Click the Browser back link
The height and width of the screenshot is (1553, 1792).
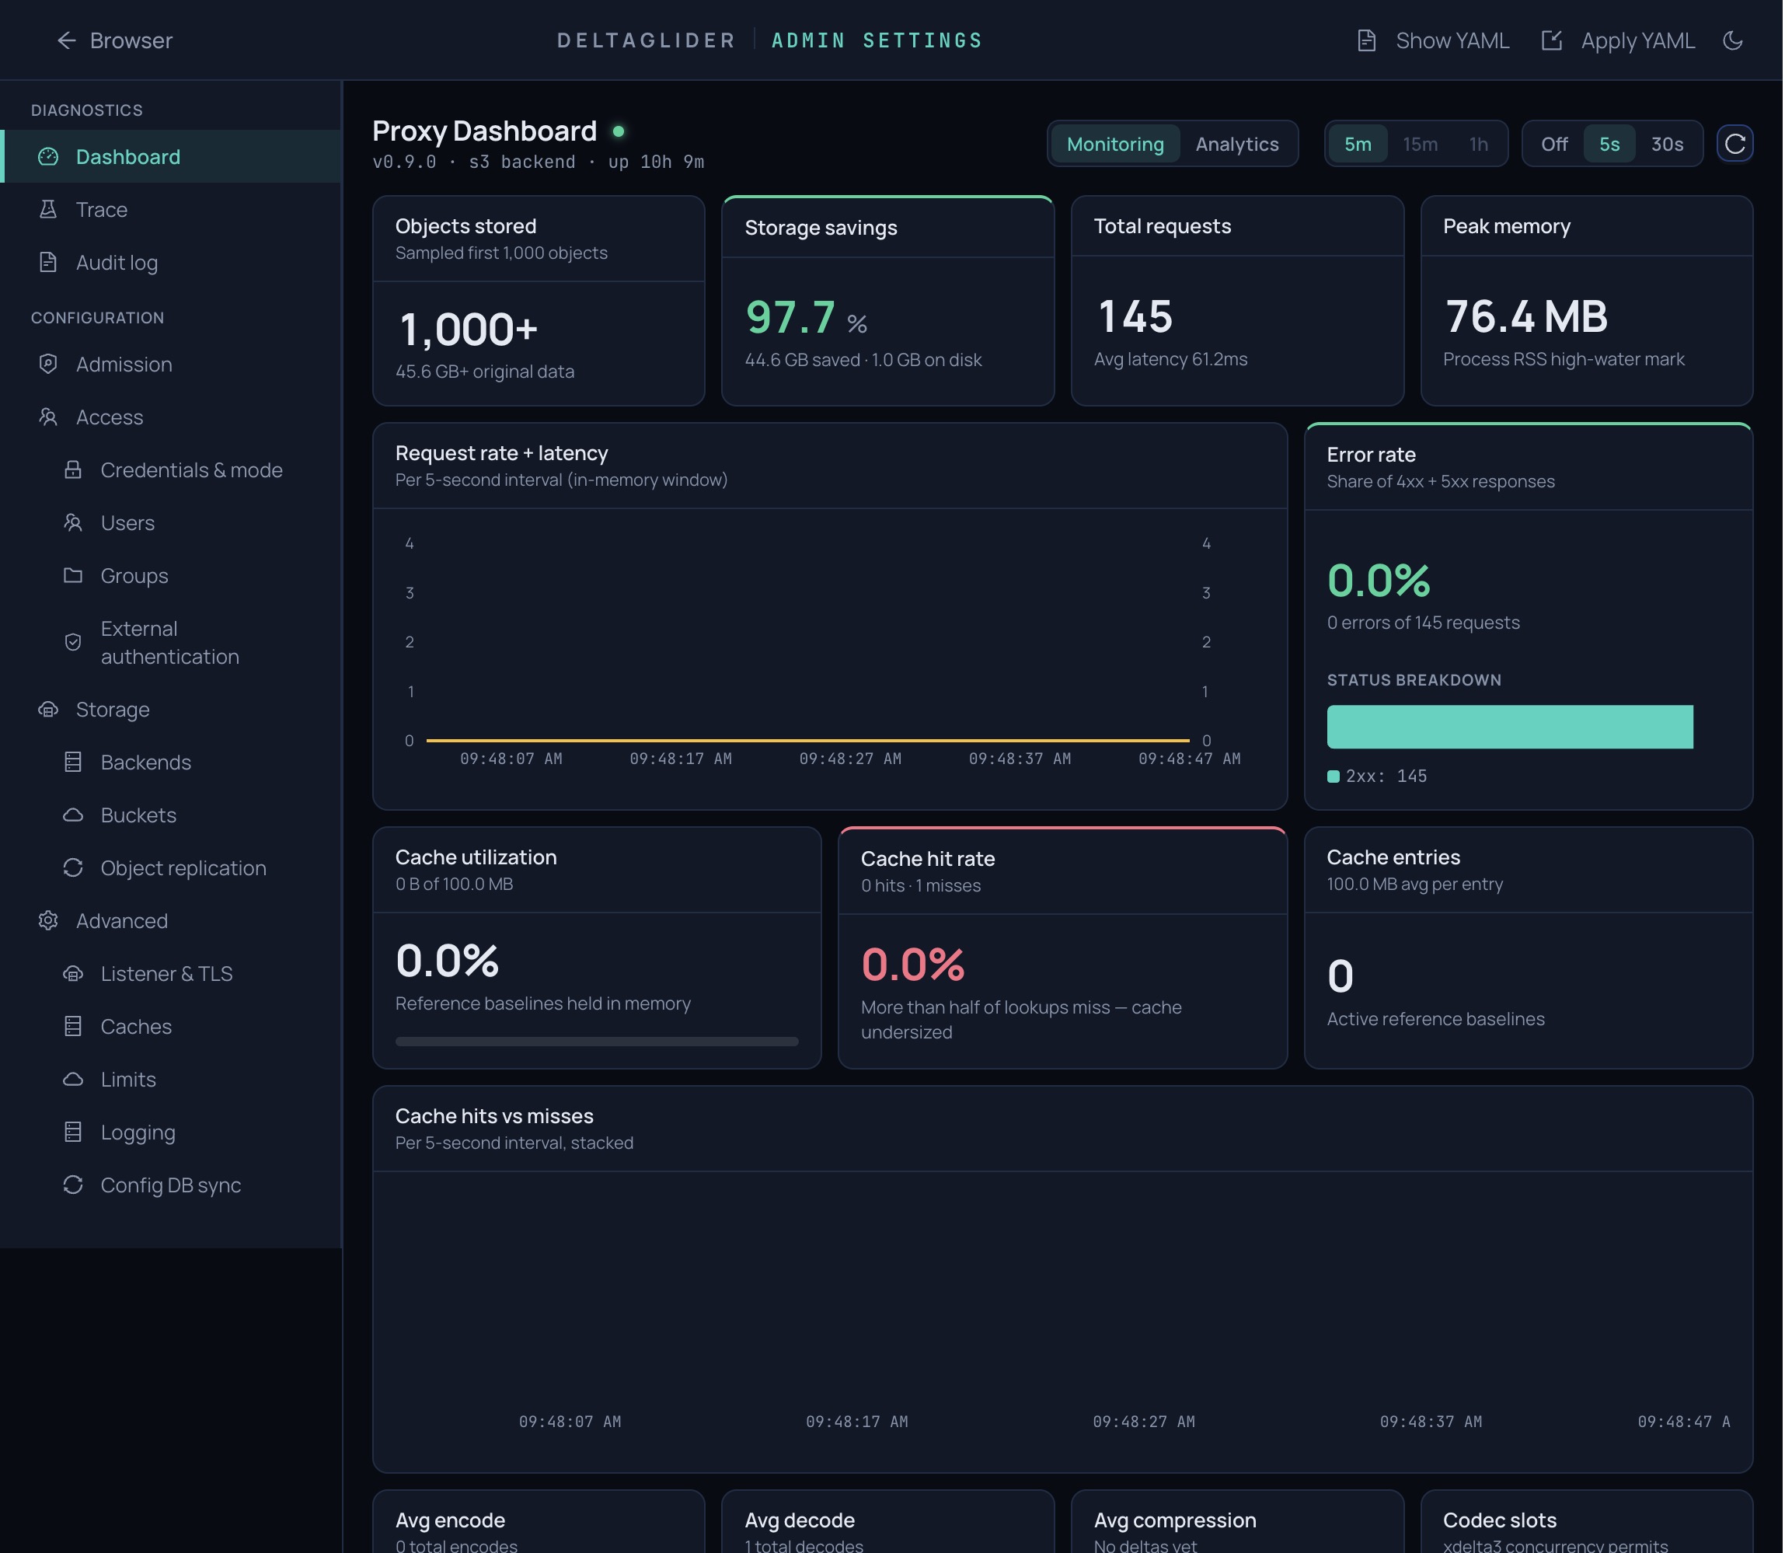[x=114, y=40]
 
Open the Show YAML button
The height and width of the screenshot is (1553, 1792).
[x=1433, y=40]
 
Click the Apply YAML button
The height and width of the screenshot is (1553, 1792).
[x=1618, y=40]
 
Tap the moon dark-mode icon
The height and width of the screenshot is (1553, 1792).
[x=1732, y=40]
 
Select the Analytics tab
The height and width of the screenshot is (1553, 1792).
[x=1236, y=144]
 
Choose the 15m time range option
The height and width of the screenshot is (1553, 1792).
[x=1420, y=144]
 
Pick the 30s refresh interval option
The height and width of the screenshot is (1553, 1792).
[x=1666, y=144]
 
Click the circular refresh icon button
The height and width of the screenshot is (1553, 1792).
[x=1734, y=144]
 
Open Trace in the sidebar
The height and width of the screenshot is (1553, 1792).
[x=101, y=210]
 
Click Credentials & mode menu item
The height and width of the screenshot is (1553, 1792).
[x=190, y=469]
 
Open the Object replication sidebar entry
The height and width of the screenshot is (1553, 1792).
[x=183, y=867]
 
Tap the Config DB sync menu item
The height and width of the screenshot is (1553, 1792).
[x=170, y=1185]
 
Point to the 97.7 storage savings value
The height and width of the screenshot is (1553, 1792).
[x=790, y=316]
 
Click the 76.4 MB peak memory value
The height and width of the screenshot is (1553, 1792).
[x=1526, y=316]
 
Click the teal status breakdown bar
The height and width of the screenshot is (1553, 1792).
[x=1509, y=726]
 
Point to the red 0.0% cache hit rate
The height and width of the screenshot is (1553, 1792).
[x=912, y=964]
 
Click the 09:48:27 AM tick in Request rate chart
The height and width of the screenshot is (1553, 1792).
[x=849, y=759]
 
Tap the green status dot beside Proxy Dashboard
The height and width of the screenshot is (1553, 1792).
[x=618, y=131]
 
